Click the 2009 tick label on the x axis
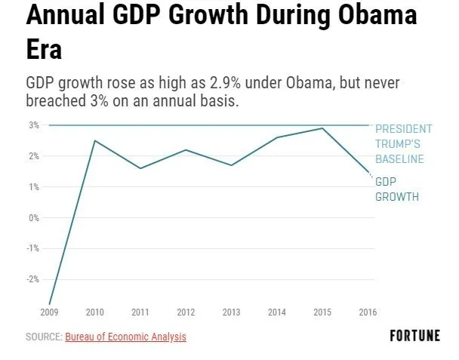pos(49,312)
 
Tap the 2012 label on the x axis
pos(186,312)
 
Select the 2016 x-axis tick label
pos(368,312)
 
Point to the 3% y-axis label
pos(34,125)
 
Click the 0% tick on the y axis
pos(34,217)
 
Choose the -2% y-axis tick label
pos(32,279)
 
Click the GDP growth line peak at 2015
pos(323,128)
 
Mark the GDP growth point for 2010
pos(95,140)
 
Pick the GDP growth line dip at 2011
pos(140,168)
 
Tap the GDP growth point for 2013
pos(232,165)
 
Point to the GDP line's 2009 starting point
pos(50,303)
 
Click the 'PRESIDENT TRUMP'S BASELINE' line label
pos(404,143)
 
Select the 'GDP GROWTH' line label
pos(397,189)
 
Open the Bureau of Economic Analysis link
pos(125,337)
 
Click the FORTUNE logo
pos(414,336)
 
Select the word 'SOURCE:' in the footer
pos(44,337)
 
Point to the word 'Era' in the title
pos(44,51)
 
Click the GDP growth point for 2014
pos(277,137)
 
